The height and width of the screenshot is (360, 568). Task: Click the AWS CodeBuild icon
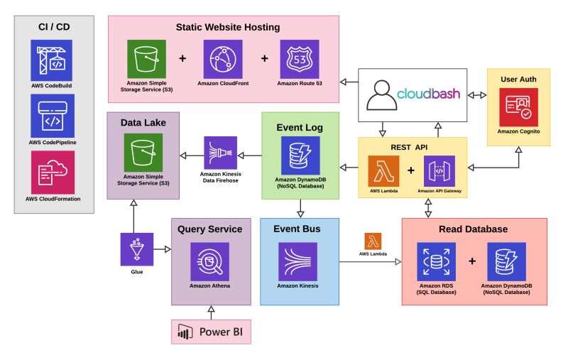pyautogui.click(x=52, y=60)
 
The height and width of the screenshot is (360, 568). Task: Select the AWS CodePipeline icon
pyautogui.click(x=52, y=116)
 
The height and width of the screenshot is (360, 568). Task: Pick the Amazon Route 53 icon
pyautogui.click(x=300, y=58)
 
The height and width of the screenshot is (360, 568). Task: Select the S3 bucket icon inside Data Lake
pyautogui.click(x=143, y=153)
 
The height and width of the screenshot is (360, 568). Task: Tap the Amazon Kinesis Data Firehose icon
pyautogui.click(x=221, y=153)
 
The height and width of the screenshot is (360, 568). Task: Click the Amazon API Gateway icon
pyautogui.click(x=439, y=172)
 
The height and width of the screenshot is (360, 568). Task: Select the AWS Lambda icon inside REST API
pyautogui.click(x=384, y=172)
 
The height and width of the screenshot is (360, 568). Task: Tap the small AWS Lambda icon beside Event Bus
pyautogui.click(x=374, y=241)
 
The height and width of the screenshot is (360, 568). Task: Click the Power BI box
pyautogui.click(x=211, y=332)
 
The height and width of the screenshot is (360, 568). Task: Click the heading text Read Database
pyautogui.click(x=474, y=229)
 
